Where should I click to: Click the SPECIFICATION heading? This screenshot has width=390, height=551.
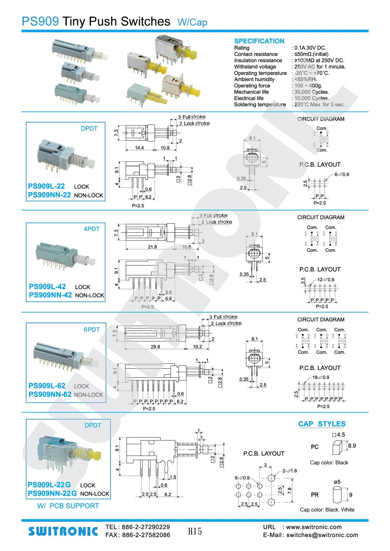(259, 41)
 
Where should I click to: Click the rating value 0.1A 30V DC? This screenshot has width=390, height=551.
(310, 48)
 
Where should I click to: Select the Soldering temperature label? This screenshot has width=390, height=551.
(260, 104)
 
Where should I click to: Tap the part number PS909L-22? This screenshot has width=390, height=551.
(46, 186)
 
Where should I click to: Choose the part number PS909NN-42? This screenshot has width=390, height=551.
(50, 295)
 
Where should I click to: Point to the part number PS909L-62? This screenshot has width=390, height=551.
(47, 386)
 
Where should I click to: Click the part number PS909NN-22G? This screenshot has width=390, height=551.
(52, 494)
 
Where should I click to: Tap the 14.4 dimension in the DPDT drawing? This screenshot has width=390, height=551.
(139, 148)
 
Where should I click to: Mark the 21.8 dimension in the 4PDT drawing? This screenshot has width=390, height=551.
(152, 247)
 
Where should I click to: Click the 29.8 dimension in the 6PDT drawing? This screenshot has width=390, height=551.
(155, 347)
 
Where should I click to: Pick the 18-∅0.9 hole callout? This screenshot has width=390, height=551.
(321, 377)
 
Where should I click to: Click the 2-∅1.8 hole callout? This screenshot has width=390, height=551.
(289, 471)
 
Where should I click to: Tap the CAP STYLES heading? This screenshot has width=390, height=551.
(322, 424)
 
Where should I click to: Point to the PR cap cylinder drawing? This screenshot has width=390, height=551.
(337, 495)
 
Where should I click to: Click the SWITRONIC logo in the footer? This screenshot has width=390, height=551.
(63, 531)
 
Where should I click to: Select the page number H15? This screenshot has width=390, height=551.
(195, 531)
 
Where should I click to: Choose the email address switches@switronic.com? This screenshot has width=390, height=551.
(322, 535)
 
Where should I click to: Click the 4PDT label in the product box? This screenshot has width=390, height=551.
(92, 229)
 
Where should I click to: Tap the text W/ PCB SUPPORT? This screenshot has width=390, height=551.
(68, 506)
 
